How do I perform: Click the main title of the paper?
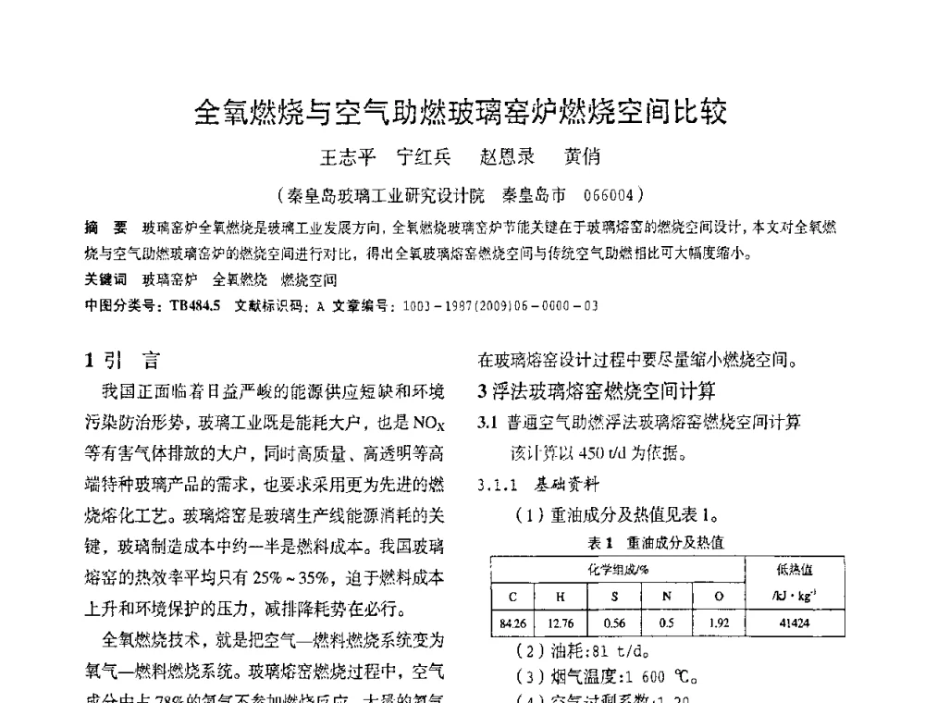(461, 113)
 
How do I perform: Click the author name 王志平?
(348, 157)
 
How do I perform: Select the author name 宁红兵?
(423, 157)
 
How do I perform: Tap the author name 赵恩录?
(507, 157)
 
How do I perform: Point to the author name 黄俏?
(583, 157)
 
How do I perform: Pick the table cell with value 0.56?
(614, 624)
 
